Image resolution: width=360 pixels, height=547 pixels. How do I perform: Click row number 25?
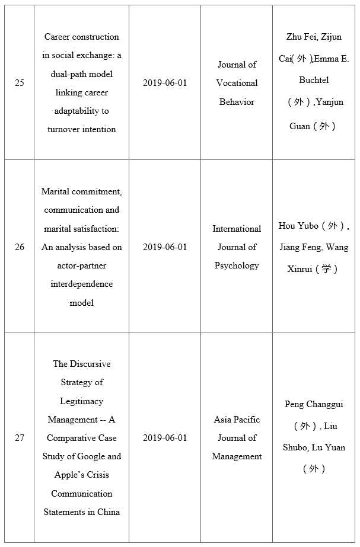tap(20, 83)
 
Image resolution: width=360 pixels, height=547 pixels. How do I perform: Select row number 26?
tap(20, 247)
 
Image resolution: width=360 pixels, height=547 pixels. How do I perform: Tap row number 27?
tap(20, 438)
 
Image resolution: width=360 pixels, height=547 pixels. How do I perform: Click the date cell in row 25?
tap(165, 83)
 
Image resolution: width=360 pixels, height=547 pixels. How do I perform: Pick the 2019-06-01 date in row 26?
tap(165, 247)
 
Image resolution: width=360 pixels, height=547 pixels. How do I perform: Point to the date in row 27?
tap(165, 438)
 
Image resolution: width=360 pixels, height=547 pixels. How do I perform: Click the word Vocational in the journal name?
tap(237, 83)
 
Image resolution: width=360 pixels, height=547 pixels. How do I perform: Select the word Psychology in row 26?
tap(237, 265)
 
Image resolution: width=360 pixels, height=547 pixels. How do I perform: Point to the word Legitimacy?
tap(82, 401)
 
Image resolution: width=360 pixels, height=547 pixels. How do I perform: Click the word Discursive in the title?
tap(90, 364)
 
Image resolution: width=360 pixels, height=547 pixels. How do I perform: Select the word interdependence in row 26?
tap(82, 284)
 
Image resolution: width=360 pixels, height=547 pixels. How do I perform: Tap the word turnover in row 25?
tap(63, 129)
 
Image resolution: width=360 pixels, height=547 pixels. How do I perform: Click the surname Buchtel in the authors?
tap(314, 79)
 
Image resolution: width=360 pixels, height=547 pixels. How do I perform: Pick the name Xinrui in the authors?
tap(296, 268)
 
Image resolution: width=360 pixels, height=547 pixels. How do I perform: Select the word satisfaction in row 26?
tap(98, 229)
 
